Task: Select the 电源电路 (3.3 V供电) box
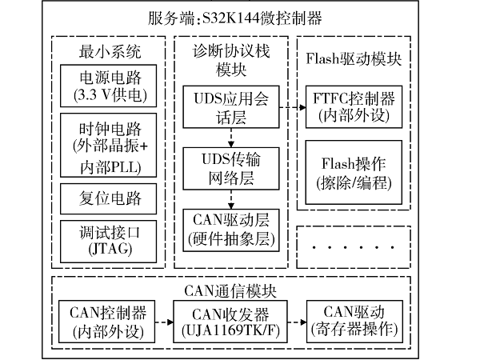pos(109,86)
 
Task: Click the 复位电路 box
pos(109,198)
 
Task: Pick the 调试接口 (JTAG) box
pos(109,239)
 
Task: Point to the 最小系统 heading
pos(109,53)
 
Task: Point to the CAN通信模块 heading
pos(240,290)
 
